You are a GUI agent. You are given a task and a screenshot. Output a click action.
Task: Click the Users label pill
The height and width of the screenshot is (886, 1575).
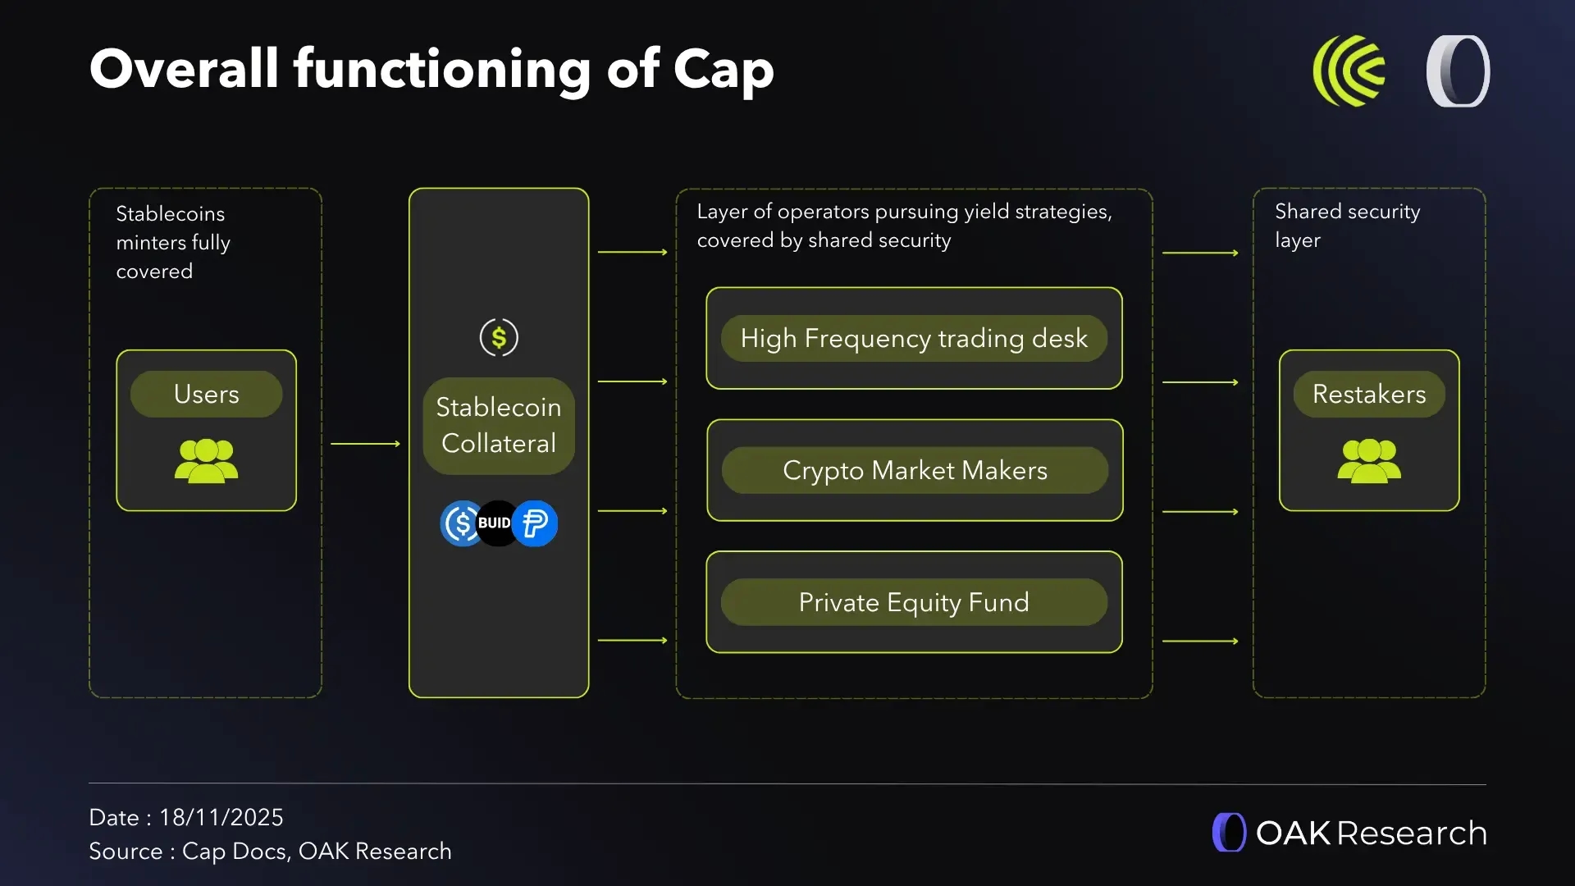206,394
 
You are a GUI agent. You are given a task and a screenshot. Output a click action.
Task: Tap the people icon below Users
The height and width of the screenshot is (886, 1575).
206,460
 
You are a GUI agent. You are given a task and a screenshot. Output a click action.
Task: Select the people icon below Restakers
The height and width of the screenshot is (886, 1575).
1369,460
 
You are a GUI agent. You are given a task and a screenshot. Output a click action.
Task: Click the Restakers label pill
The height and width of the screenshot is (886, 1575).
1369,394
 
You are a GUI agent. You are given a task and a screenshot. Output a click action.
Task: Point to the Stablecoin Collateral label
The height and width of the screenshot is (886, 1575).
499,425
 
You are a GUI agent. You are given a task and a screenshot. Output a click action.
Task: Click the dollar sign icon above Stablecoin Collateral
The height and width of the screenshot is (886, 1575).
499,336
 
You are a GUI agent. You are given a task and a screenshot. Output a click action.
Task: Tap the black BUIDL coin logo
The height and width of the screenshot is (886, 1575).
495,523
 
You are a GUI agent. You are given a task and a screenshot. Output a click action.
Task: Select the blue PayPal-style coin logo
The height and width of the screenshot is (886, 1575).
536,523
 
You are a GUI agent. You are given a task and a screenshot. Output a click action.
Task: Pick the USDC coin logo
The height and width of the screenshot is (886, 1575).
461,523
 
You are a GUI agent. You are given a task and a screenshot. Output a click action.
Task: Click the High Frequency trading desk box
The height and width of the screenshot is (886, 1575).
914,338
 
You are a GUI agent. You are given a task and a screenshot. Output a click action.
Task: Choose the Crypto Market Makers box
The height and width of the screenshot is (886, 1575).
915,470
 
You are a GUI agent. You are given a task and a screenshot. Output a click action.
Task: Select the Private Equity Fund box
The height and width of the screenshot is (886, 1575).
914,602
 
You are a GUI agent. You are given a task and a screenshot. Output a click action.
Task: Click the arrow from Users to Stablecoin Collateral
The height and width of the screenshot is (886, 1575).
365,444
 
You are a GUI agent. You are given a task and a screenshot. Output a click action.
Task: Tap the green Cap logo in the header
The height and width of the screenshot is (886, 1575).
1349,71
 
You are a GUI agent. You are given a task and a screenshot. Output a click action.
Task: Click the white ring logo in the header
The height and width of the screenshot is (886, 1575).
1459,71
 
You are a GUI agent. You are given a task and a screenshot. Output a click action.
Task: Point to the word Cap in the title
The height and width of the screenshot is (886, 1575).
724,69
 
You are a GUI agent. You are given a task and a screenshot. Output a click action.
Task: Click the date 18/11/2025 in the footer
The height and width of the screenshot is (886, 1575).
221,817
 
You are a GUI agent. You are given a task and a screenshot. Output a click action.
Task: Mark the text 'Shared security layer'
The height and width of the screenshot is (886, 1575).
1347,226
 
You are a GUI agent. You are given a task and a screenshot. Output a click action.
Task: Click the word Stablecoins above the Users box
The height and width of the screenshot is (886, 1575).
171,213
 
